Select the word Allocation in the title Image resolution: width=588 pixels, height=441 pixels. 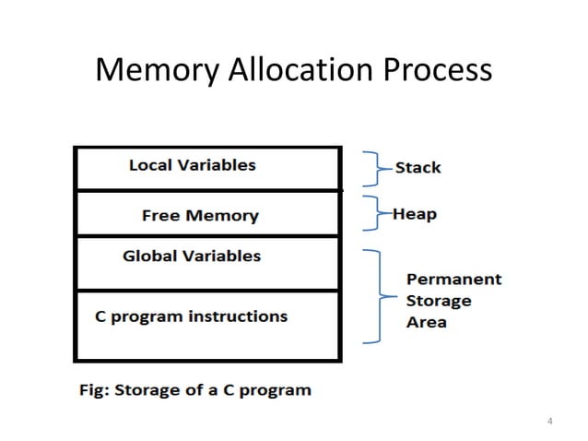pyautogui.click(x=296, y=70)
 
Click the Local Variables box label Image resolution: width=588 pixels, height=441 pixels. pyautogui.click(x=192, y=166)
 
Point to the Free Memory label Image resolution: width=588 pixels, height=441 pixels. pyautogui.click(x=200, y=216)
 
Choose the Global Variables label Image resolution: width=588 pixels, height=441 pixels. pyautogui.click(x=192, y=256)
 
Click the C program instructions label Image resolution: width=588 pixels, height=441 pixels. pyautogui.click(x=192, y=316)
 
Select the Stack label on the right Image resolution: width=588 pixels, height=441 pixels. pyautogui.click(x=417, y=168)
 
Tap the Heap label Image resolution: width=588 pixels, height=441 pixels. pyautogui.click(x=415, y=214)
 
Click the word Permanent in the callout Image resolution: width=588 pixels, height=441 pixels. pyautogui.click(x=453, y=279)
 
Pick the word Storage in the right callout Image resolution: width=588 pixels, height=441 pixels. pyautogui.click(x=439, y=301)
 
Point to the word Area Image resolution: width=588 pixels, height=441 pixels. pyautogui.click(x=426, y=322)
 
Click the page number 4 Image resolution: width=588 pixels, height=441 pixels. pyautogui.click(x=550, y=423)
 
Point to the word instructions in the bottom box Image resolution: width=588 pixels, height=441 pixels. pyautogui.click(x=238, y=316)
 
